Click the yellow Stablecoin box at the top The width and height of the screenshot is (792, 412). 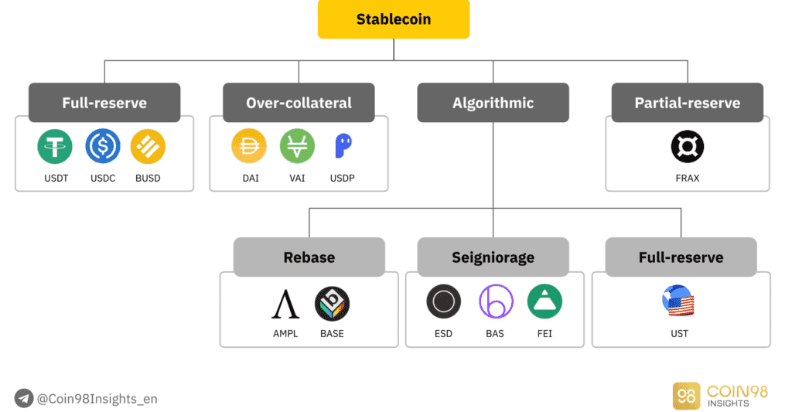click(394, 19)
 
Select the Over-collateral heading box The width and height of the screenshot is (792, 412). click(299, 103)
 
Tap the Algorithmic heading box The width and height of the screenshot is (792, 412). click(493, 103)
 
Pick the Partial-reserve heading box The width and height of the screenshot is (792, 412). click(687, 103)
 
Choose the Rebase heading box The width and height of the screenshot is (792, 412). click(309, 257)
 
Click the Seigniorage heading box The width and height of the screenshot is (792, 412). click(493, 257)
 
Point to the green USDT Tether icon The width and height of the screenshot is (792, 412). click(54, 146)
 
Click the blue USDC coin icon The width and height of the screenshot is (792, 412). click(102, 146)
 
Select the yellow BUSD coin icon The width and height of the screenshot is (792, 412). click(148, 146)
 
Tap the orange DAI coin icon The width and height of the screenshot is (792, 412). click(249, 146)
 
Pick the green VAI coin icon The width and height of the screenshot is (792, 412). click(297, 146)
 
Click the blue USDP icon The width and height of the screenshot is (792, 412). click(343, 146)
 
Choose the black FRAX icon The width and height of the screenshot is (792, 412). click(687, 146)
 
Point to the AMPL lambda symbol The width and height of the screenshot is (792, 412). click(285, 303)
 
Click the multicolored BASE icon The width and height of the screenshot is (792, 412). click(332, 303)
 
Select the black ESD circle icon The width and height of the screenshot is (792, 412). click(443, 301)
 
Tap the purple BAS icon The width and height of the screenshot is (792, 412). click(496, 301)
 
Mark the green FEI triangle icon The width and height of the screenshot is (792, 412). click(544, 301)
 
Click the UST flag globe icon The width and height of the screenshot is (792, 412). click(678, 301)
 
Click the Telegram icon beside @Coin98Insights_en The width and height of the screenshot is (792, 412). click(24, 398)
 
